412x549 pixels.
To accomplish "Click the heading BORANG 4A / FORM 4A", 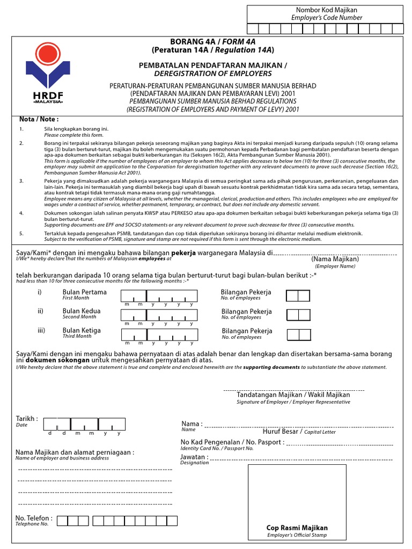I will point(212,41).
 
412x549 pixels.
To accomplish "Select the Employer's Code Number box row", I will point(325,29).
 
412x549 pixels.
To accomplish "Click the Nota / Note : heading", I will point(39,119).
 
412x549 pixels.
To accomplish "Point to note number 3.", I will point(22,181).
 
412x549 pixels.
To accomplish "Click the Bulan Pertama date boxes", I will point(159,296).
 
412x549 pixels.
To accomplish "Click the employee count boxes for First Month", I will point(298,296).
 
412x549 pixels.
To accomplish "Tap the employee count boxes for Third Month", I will point(299,335).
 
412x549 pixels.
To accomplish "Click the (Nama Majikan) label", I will point(335,259).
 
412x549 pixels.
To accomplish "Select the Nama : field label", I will point(192,424).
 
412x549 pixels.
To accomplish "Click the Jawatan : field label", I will point(193,457).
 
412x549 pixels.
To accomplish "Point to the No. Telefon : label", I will point(34,518).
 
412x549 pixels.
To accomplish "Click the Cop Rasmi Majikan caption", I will point(297,528).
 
